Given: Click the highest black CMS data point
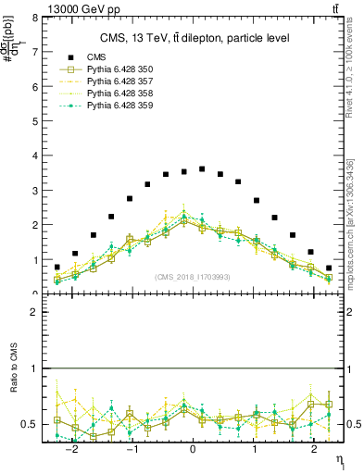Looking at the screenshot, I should click(x=202, y=168).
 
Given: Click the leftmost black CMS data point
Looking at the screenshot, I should click(x=56, y=267).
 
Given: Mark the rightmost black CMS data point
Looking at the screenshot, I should click(x=329, y=268).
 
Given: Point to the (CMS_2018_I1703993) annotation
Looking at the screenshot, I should click(x=193, y=277).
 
